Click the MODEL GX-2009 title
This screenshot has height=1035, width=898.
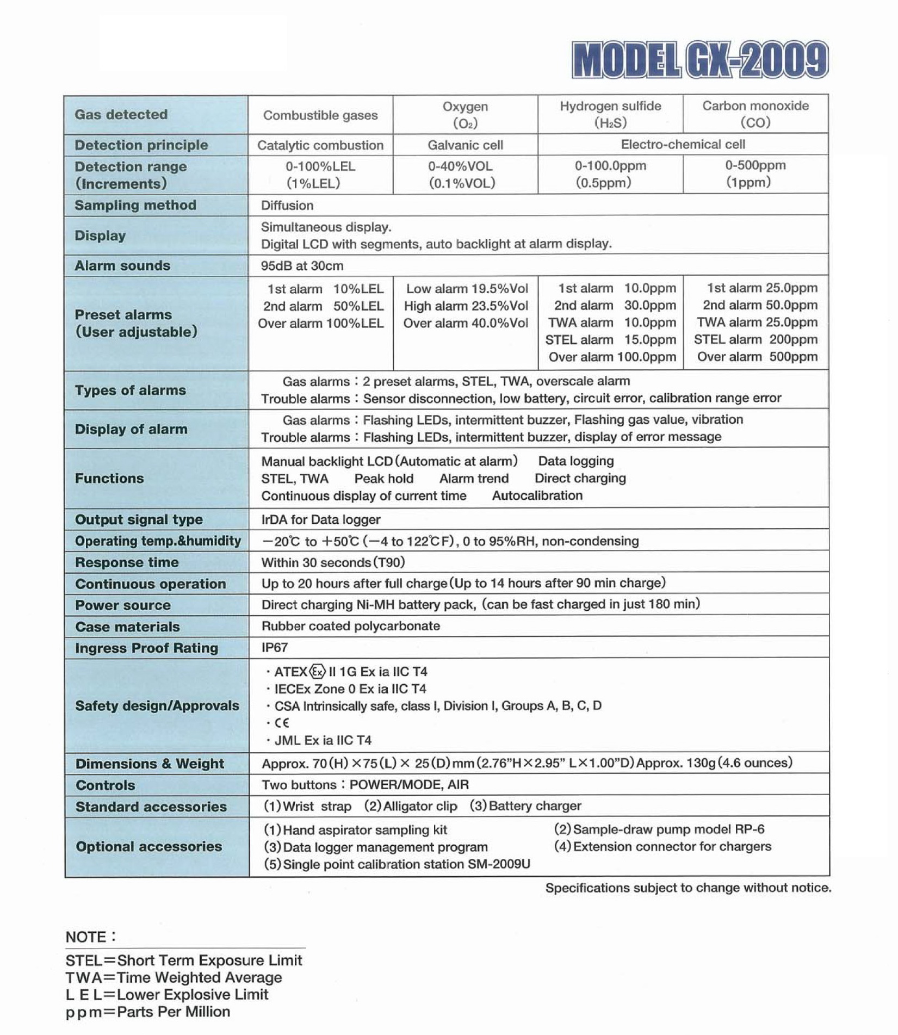point(700,60)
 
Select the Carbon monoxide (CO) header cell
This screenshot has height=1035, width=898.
point(755,114)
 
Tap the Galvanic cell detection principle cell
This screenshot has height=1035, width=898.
point(465,145)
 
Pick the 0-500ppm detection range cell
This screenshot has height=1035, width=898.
point(755,173)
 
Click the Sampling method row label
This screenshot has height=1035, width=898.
point(135,206)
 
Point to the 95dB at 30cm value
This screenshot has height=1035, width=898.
point(302,266)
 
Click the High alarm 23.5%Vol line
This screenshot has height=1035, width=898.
point(466,306)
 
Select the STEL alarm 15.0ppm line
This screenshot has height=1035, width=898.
point(610,340)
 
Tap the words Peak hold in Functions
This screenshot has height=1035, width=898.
point(383,479)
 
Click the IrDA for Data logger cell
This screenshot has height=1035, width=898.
point(320,519)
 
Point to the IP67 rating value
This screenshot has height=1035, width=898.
point(275,648)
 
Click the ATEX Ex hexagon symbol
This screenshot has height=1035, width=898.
point(318,672)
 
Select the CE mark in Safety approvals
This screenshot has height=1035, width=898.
point(282,723)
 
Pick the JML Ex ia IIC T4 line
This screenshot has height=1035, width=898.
point(323,740)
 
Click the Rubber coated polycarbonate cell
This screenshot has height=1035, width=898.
point(350,626)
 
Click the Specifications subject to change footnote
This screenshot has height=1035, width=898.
point(688,888)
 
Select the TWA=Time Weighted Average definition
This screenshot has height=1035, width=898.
point(174,977)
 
